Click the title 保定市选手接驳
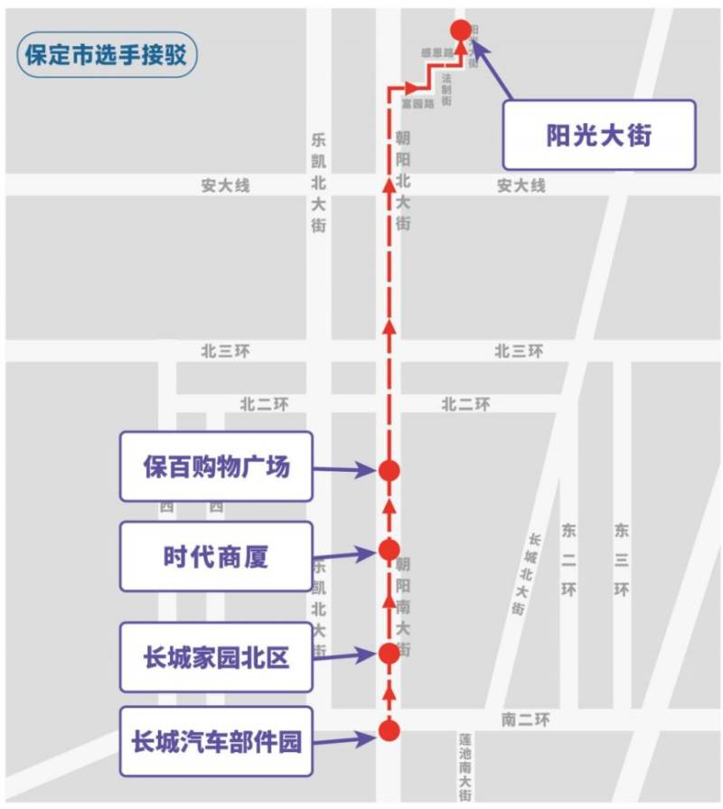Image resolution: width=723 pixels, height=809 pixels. pos(106,54)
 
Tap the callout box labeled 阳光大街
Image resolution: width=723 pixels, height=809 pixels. pos(599,135)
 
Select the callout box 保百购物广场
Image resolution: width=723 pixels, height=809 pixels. pos(216,466)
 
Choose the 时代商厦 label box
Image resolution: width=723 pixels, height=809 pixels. pos(216,556)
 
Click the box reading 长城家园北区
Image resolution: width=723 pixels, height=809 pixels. pos(216,657)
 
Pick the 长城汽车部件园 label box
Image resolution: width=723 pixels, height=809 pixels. pos(216,742)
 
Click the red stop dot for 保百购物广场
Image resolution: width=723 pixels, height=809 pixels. pos(390,470)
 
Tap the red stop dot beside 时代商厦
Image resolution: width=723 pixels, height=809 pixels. pos(390,550)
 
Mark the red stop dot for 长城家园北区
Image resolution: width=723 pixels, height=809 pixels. pos(390,653)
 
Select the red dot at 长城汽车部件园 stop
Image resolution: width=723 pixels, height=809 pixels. pos(390,730)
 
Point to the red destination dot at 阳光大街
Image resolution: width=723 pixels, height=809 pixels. pos(461,30)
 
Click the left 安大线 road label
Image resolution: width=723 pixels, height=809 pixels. pos(225,185)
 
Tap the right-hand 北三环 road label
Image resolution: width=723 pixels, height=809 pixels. pos(519,351)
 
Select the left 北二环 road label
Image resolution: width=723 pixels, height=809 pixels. pos(264,404)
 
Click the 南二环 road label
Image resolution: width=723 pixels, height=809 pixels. pos(524,720)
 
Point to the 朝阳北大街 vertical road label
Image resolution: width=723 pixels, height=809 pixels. pos(403,180)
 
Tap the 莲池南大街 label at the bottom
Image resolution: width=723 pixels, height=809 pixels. pos(465,767)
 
